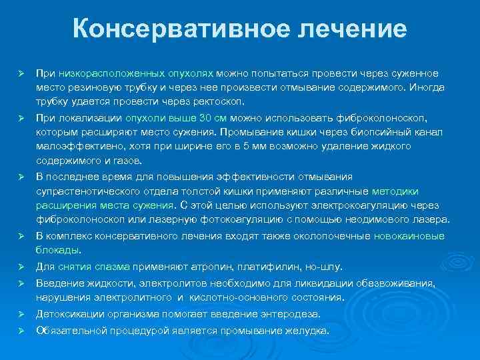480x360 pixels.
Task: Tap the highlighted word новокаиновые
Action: point(409,236)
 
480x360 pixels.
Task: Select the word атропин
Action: point(203,267)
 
